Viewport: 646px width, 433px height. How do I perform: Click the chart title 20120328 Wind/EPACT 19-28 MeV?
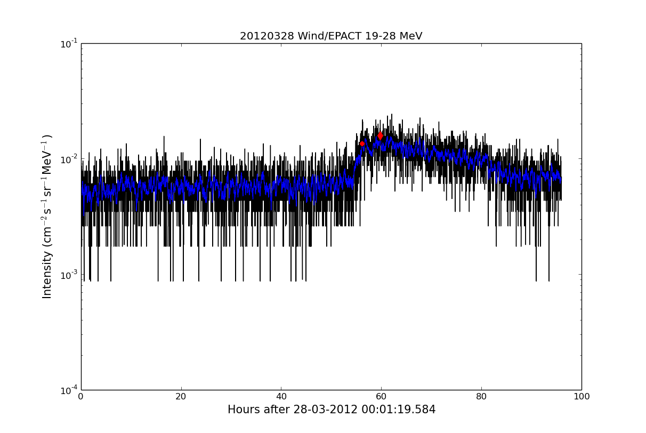[330, 36]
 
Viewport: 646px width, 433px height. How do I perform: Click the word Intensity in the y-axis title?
[47, 275]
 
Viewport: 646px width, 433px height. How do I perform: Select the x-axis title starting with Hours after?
[331, 410]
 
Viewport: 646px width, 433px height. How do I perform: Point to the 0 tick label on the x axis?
[81, 397]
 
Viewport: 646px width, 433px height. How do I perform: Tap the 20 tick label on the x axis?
[181, 397]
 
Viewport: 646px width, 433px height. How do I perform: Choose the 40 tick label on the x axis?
[281, 397]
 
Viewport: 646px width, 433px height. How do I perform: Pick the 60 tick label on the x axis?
[381, 397]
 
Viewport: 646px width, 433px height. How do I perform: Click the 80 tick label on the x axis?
[481, 397]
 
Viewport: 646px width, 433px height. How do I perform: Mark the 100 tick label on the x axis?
[581, 397]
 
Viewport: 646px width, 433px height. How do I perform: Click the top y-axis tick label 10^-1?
[69, 44]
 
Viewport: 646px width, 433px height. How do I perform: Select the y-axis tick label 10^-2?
[69, 159]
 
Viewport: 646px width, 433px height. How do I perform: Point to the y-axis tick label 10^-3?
[69, 275]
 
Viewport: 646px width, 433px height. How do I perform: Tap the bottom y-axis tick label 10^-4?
[69, 390]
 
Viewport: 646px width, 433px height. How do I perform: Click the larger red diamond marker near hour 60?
[380, 136]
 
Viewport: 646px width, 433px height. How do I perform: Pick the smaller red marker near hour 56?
[362, 143]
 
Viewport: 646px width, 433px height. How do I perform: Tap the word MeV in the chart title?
[410, 36]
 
